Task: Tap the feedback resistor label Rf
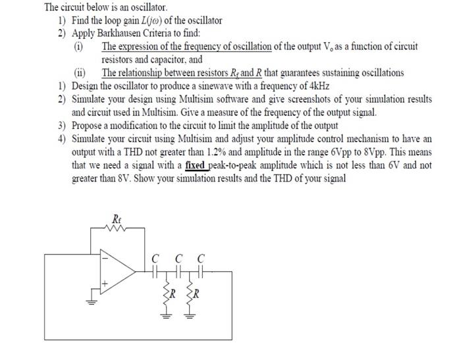click(x=118, y=219)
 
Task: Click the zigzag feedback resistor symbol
click(x=117, y=230)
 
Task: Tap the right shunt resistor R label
click(x=197, y=292)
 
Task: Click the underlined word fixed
click(x=196, y=165)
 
